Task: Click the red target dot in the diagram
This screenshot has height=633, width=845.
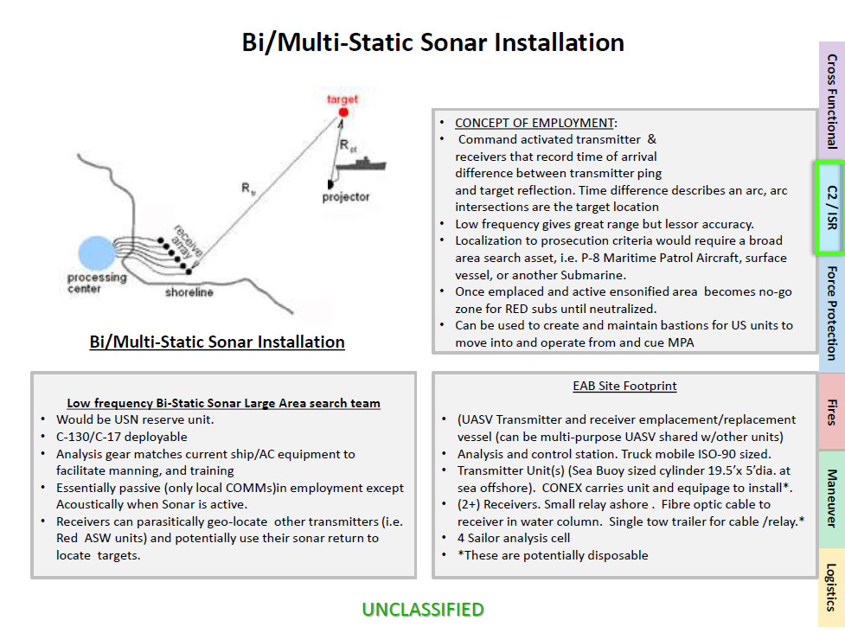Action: [x=343, y=112]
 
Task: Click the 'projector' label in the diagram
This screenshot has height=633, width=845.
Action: [x=346, y=197]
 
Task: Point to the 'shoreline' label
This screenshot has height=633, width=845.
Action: [x=189, y=292]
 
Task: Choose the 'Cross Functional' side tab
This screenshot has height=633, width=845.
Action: [x=831, y=101]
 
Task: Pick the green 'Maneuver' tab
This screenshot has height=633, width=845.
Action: [x=831, y=499]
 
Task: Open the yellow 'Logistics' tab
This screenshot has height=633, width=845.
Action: [x=831, y=587]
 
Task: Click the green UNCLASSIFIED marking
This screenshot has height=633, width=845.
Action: [x=423, y=610]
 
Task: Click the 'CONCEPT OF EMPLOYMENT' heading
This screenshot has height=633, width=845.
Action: [x=535, y=123]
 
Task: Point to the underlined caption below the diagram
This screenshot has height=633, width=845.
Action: [x=217, y=342]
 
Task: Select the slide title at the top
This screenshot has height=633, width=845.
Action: [x=432, y=42]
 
